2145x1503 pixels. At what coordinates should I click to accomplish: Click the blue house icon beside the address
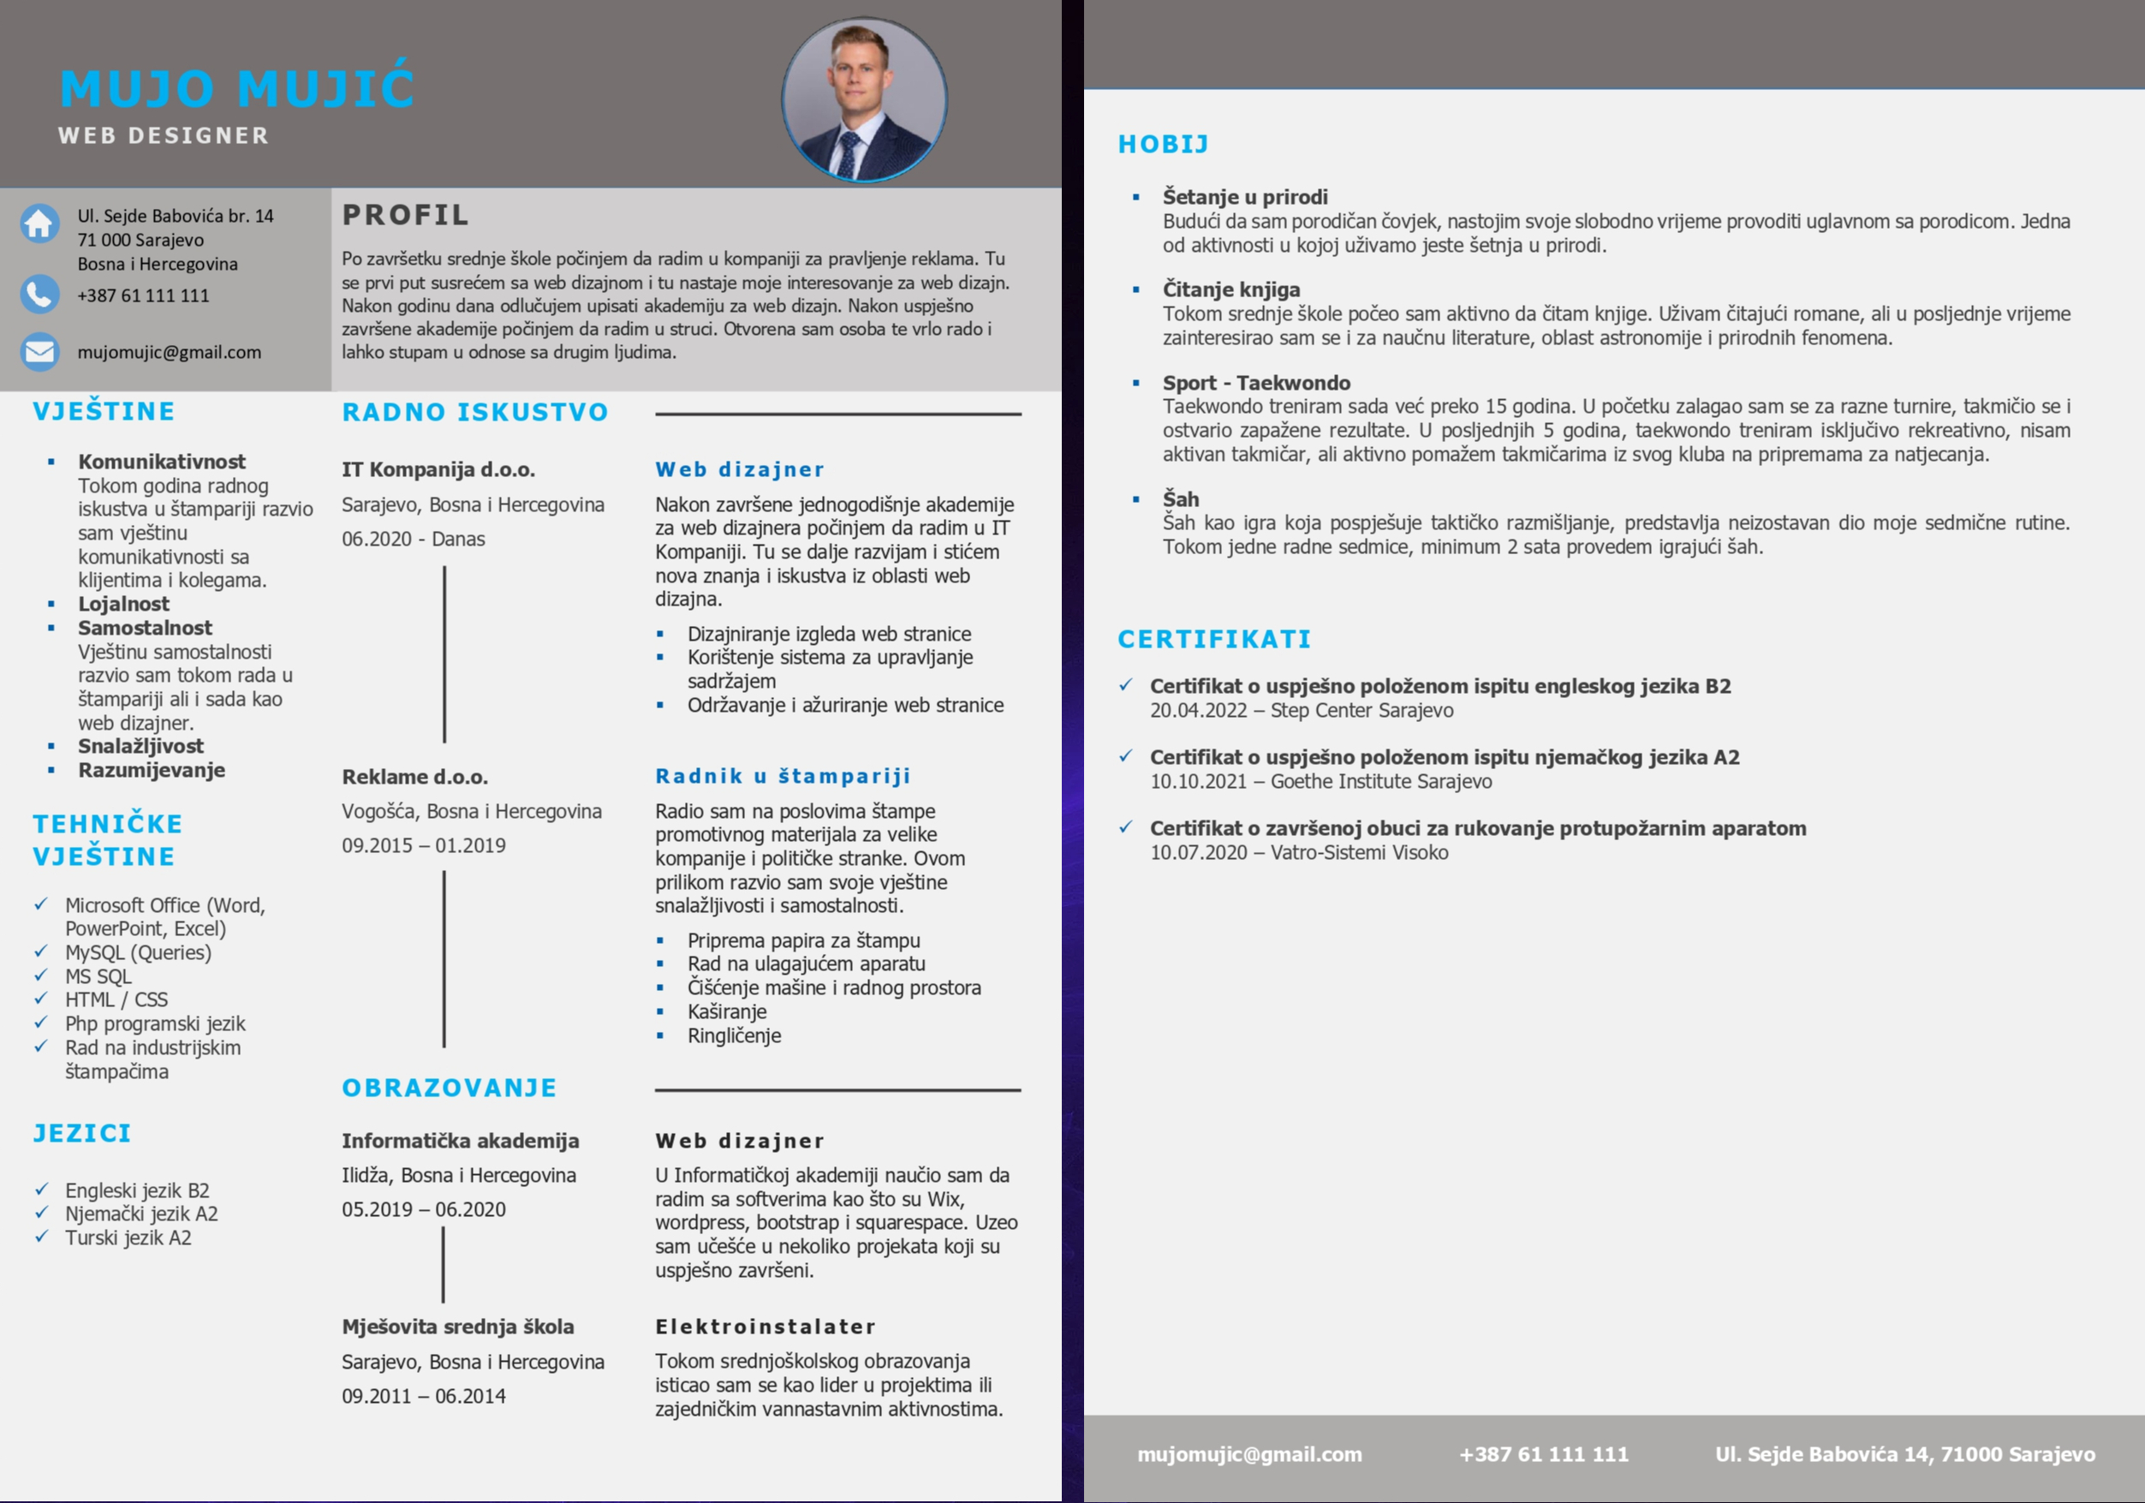point(39,224)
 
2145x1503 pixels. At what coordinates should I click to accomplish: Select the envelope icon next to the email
point(39,352)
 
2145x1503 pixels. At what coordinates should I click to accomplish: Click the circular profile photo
point(864,99)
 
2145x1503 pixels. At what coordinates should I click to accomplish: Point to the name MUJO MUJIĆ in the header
point(237,89)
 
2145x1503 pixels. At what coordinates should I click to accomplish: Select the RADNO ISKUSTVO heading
point(474,412)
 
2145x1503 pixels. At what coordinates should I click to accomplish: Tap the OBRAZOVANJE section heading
point(450,1088)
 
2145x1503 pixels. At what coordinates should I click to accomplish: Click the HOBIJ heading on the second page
point(1163,144)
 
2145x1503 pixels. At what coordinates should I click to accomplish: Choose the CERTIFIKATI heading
point(1214,639)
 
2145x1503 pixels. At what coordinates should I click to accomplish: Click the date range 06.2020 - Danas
point(413,539)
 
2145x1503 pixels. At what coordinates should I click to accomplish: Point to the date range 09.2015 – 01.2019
point(423,845)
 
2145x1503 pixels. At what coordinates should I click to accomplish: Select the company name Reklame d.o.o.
point(414,776)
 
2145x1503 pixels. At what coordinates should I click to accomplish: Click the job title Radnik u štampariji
point(783,775)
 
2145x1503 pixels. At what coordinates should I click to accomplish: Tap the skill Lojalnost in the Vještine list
point(123,604)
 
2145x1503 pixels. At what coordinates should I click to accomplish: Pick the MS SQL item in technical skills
point(98,976)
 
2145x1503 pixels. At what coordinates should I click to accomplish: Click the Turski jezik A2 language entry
point(128,1238)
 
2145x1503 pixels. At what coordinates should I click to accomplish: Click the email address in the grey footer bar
point(1249,1453)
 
